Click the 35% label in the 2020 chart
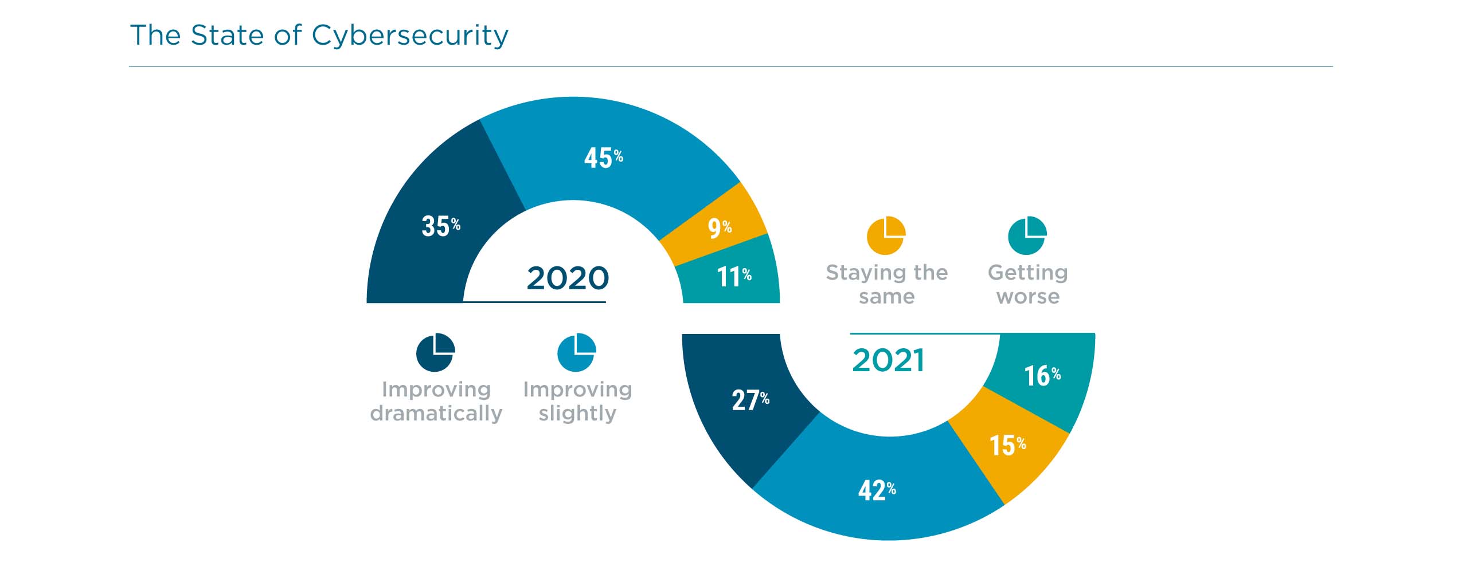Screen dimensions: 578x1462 [440, 226]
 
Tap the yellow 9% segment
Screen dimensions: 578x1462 [719, 228]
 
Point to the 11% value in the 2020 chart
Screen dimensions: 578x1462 [733, 277]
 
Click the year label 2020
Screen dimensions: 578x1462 [567, 278]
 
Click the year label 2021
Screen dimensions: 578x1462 [888, 361]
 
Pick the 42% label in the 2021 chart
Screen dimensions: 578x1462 [876, 490]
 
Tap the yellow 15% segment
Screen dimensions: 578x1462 [1007, 446]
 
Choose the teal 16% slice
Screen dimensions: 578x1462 [1042, 376]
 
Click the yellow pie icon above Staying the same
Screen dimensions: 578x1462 [886, 235]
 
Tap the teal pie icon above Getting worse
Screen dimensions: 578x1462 [1027, 235]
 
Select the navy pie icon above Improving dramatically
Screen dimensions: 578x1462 [435, 352]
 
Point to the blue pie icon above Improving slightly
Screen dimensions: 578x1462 [577, 352]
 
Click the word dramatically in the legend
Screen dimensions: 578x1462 [436, 413]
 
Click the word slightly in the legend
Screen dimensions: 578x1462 [577, 413]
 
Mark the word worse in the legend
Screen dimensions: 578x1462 [1028, 297]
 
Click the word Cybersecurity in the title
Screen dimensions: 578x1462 [409, 36]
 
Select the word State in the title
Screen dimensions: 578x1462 [228, 36]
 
